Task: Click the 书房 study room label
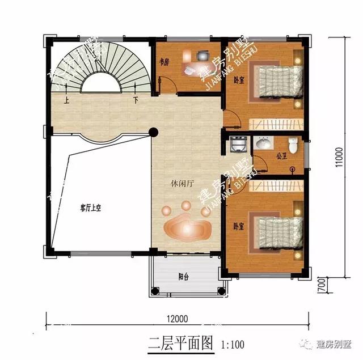[164, 62]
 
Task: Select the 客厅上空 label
[90, 208]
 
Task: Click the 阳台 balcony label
[183, 277]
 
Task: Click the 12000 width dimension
[177, 318]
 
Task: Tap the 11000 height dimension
[339, 158]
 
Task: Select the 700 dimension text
[320, 282]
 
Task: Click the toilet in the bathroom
[293, 146]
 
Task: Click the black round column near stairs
[153, 132]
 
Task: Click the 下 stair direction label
[136, 101]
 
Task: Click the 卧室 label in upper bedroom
[239, 79]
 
